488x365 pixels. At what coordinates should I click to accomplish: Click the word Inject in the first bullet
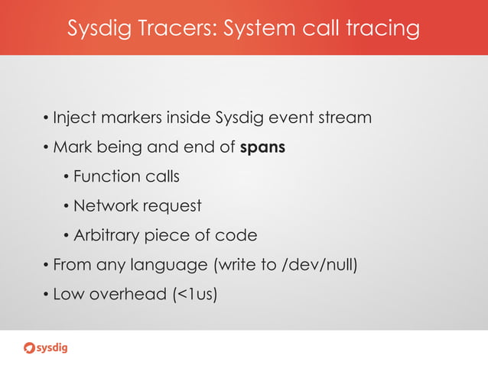click(x=71, y=118)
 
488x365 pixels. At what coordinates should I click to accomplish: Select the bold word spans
click(x=262, y=148)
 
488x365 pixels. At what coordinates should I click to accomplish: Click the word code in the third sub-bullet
click(x=238, y=235)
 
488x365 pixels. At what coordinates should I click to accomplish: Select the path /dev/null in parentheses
click(x=314, y=265)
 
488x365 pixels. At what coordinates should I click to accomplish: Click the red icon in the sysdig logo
click(x=30, y=349)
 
